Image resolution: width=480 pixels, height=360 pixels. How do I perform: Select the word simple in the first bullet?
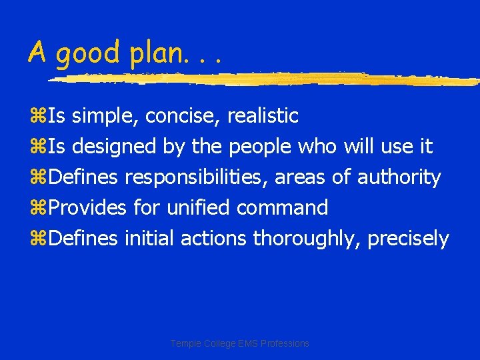105,116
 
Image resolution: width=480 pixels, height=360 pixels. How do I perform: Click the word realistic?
263,116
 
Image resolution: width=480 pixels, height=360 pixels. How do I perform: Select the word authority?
399,177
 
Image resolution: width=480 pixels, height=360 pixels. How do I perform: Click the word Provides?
87,208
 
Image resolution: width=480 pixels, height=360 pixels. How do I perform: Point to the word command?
282,208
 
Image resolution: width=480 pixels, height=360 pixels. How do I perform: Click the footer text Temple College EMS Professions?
239,343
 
